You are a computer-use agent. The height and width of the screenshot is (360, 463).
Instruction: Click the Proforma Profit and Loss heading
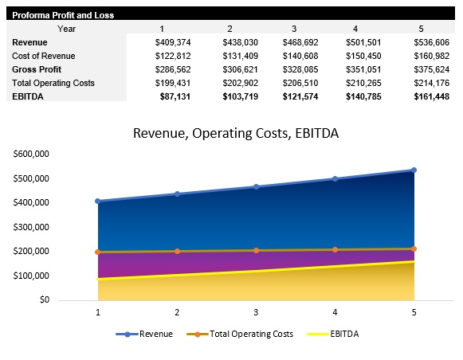[x=62, y=15]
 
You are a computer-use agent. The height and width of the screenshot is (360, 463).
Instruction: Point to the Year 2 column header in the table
[x=230, y=29]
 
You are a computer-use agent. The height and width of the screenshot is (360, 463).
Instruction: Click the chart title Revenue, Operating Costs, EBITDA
[x=235, y=133]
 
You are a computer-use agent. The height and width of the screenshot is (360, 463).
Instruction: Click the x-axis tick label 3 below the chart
[x=256, y=313]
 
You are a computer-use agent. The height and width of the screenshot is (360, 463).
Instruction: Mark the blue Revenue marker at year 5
[x=414, y=170]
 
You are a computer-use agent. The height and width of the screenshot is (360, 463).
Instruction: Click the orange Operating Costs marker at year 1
[x=98, y=252]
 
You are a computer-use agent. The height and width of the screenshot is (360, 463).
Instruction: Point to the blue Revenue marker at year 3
[x=256, y=186]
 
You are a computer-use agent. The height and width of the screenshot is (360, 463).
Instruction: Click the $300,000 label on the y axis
[x=32, y=227]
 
